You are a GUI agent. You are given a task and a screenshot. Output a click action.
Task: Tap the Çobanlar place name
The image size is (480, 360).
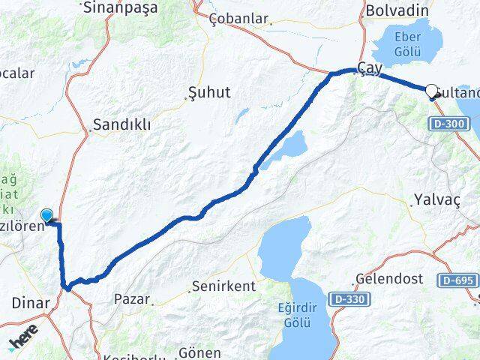pos(238,18)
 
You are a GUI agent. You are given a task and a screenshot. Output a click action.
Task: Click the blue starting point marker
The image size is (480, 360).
pos(48,216)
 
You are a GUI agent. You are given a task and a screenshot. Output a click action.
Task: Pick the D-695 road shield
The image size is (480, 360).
pos(459,280)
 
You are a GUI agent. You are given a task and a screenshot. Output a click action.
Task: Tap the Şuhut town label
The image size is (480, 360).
pos(207,93)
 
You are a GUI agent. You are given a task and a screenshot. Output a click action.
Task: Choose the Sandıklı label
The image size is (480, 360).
pos(121,125)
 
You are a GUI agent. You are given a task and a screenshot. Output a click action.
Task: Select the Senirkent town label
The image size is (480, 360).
pos(223,286)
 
